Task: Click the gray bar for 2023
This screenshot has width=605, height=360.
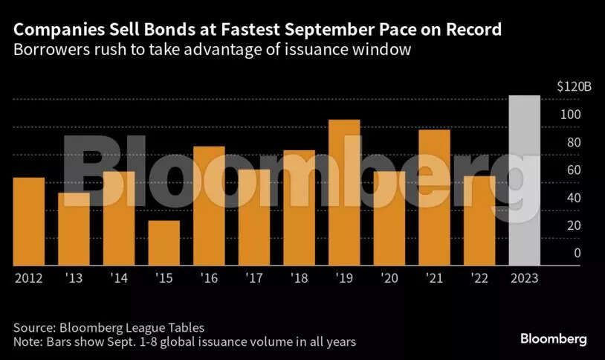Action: point(524,180)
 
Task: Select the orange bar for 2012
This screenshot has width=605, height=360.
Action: point(28,221)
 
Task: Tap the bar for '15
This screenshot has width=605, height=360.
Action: point(164,242)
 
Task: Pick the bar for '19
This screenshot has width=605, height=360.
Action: point(343,192)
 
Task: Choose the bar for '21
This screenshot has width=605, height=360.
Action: point(434,197)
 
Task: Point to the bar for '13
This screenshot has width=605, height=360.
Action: point(74,228)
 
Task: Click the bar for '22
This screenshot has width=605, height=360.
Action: point(479,220)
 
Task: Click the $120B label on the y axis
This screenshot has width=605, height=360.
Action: point(575,87)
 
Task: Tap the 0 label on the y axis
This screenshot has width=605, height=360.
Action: point(577,253)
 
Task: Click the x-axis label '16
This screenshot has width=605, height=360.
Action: point(209,278)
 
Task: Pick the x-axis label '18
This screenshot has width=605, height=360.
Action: point(299,278)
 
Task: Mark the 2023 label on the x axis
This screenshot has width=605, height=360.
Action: point(524,278)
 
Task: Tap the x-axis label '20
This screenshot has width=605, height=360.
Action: point(389,278)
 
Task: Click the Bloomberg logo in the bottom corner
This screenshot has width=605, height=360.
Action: point(553,339)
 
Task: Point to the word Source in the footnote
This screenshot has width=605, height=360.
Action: point(32,328)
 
